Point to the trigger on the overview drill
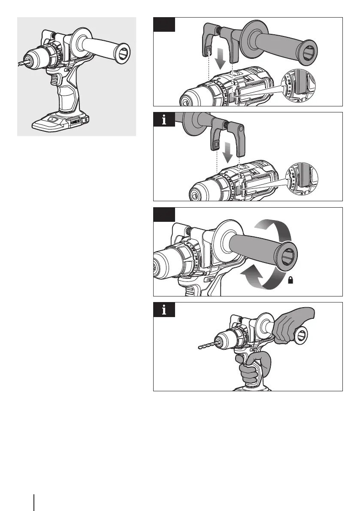(54, 79)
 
